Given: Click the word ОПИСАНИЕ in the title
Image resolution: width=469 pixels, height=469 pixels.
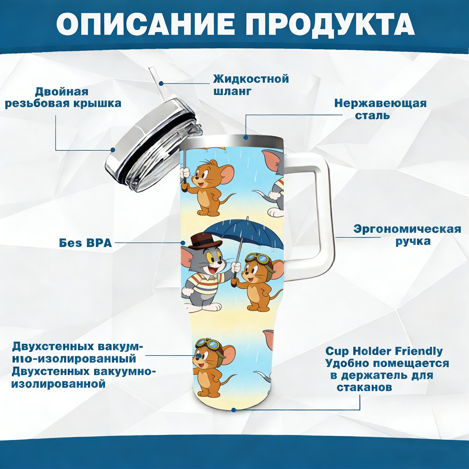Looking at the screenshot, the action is click(x=145, y=24).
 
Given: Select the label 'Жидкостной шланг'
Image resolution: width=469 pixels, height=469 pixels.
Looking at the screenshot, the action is click(x=251, y=85).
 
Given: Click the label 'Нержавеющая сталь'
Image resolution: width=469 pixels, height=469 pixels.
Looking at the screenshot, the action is click(x=380, y=109).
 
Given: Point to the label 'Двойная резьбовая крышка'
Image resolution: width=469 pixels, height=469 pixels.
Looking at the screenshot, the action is click(x=63, y=97).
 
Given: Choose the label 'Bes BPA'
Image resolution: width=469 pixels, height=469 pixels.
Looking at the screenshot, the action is click(x=85, y=243).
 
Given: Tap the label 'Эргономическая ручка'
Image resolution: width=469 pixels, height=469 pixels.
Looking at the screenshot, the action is click(x=407, y=235).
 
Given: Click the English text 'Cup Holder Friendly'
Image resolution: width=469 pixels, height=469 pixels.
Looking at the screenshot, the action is click(x=384, y=351).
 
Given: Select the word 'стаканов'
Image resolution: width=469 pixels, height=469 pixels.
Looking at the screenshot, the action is click(x=364, y=387).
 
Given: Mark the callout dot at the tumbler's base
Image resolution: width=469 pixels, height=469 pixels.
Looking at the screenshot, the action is click(x=234, y=410).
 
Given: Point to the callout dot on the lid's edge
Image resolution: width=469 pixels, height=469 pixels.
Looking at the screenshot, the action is click(x=113, y=150).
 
